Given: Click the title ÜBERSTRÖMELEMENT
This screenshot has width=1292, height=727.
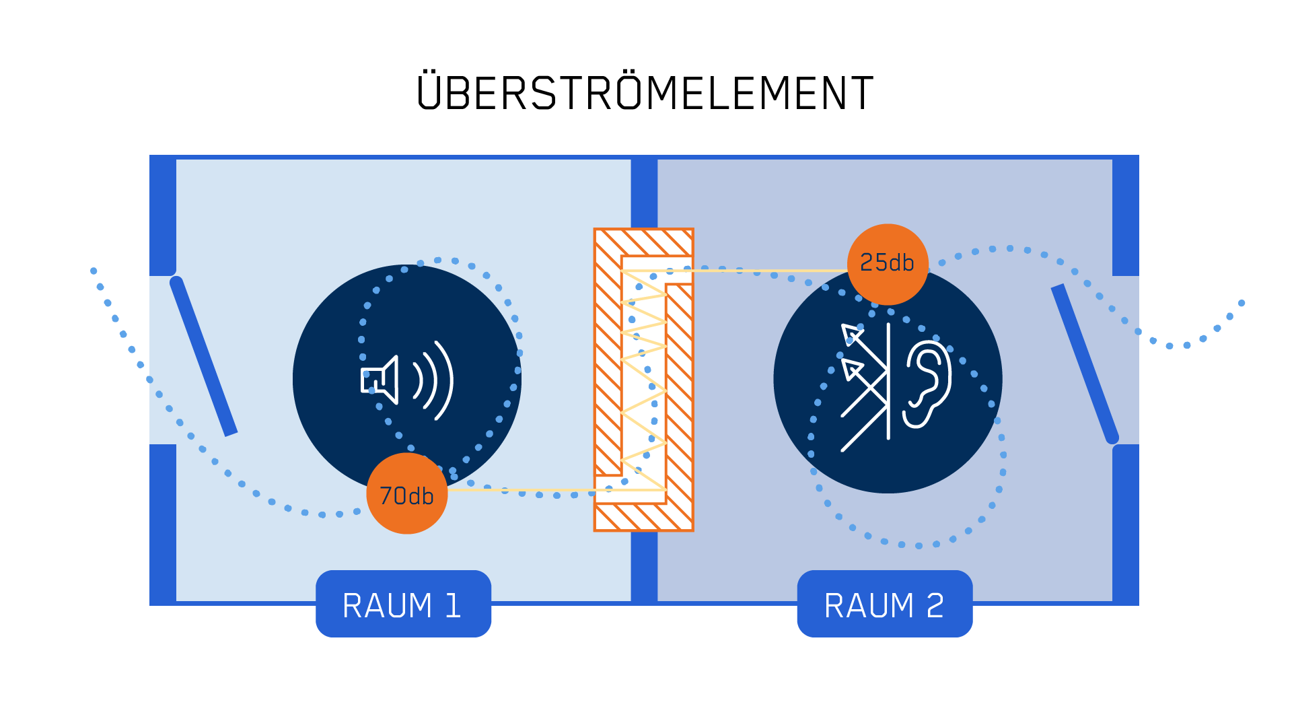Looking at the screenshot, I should coord(645,92).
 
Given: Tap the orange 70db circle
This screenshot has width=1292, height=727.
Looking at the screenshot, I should coord(406,494).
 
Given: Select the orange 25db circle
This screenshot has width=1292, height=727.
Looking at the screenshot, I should coord(888,263).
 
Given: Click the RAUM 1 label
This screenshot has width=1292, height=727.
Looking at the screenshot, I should coord(403,604).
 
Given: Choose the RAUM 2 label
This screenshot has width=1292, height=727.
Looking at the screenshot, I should coord(884,604).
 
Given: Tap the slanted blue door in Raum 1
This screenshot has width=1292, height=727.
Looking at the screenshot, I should coord(203,355).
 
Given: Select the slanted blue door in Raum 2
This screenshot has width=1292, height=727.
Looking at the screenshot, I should coord(1085,363).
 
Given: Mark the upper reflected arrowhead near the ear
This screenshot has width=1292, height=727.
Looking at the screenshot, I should coord(851,333).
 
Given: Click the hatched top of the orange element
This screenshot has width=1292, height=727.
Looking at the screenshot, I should coord(643,242).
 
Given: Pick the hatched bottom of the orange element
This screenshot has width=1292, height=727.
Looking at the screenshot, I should coord(643,517).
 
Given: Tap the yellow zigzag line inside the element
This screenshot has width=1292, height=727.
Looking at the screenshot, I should coord(643,377).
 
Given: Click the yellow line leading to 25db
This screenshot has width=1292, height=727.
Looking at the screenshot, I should coord(767,271).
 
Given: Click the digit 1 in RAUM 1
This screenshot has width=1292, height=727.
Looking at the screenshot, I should coord(453,605).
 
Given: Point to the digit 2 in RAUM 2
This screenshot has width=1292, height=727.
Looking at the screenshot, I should coord(935,605).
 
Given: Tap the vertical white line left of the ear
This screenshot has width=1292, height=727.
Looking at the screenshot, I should coord(888,380).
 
